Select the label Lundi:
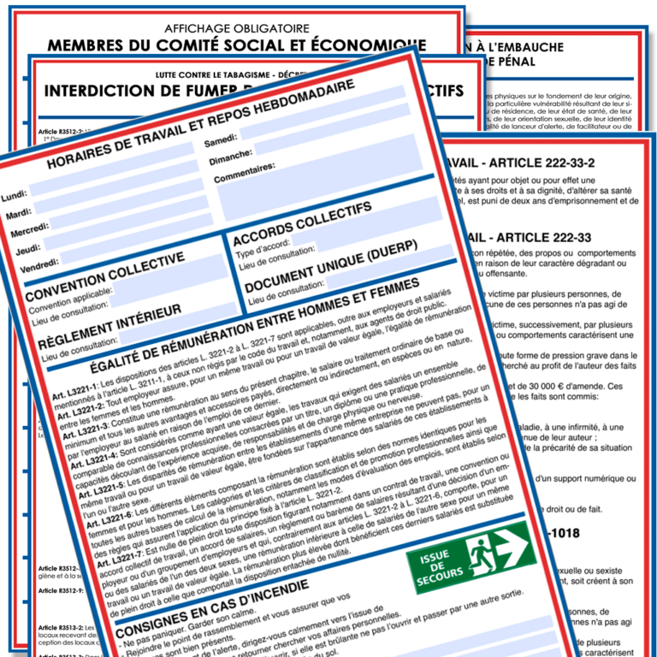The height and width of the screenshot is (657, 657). tap(15, 195)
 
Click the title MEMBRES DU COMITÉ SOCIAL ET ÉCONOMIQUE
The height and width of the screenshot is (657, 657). tap(236, 44)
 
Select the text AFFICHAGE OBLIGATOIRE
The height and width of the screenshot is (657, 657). tap(236, 27)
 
